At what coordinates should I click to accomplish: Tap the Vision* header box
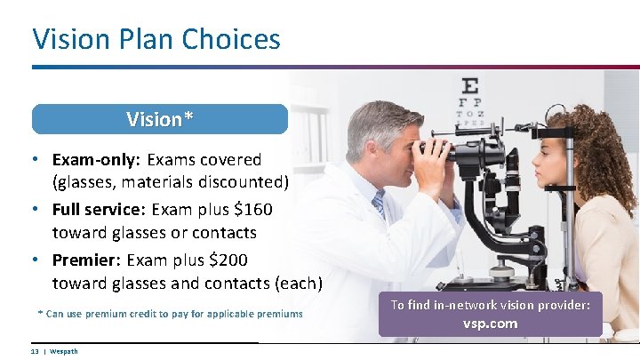pos(160,119)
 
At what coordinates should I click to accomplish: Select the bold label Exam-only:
pos(93,160)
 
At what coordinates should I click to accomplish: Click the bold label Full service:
pos(99,211)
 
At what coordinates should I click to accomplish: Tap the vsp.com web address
pos(490,324)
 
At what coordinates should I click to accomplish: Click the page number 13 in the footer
pos(35,352)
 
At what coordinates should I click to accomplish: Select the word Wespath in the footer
pos(64,352)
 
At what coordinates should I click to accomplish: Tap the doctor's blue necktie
pos(380,205)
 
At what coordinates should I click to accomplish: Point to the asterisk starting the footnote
pos(40,313)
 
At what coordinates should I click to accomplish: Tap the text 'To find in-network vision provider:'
pos(490,305)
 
